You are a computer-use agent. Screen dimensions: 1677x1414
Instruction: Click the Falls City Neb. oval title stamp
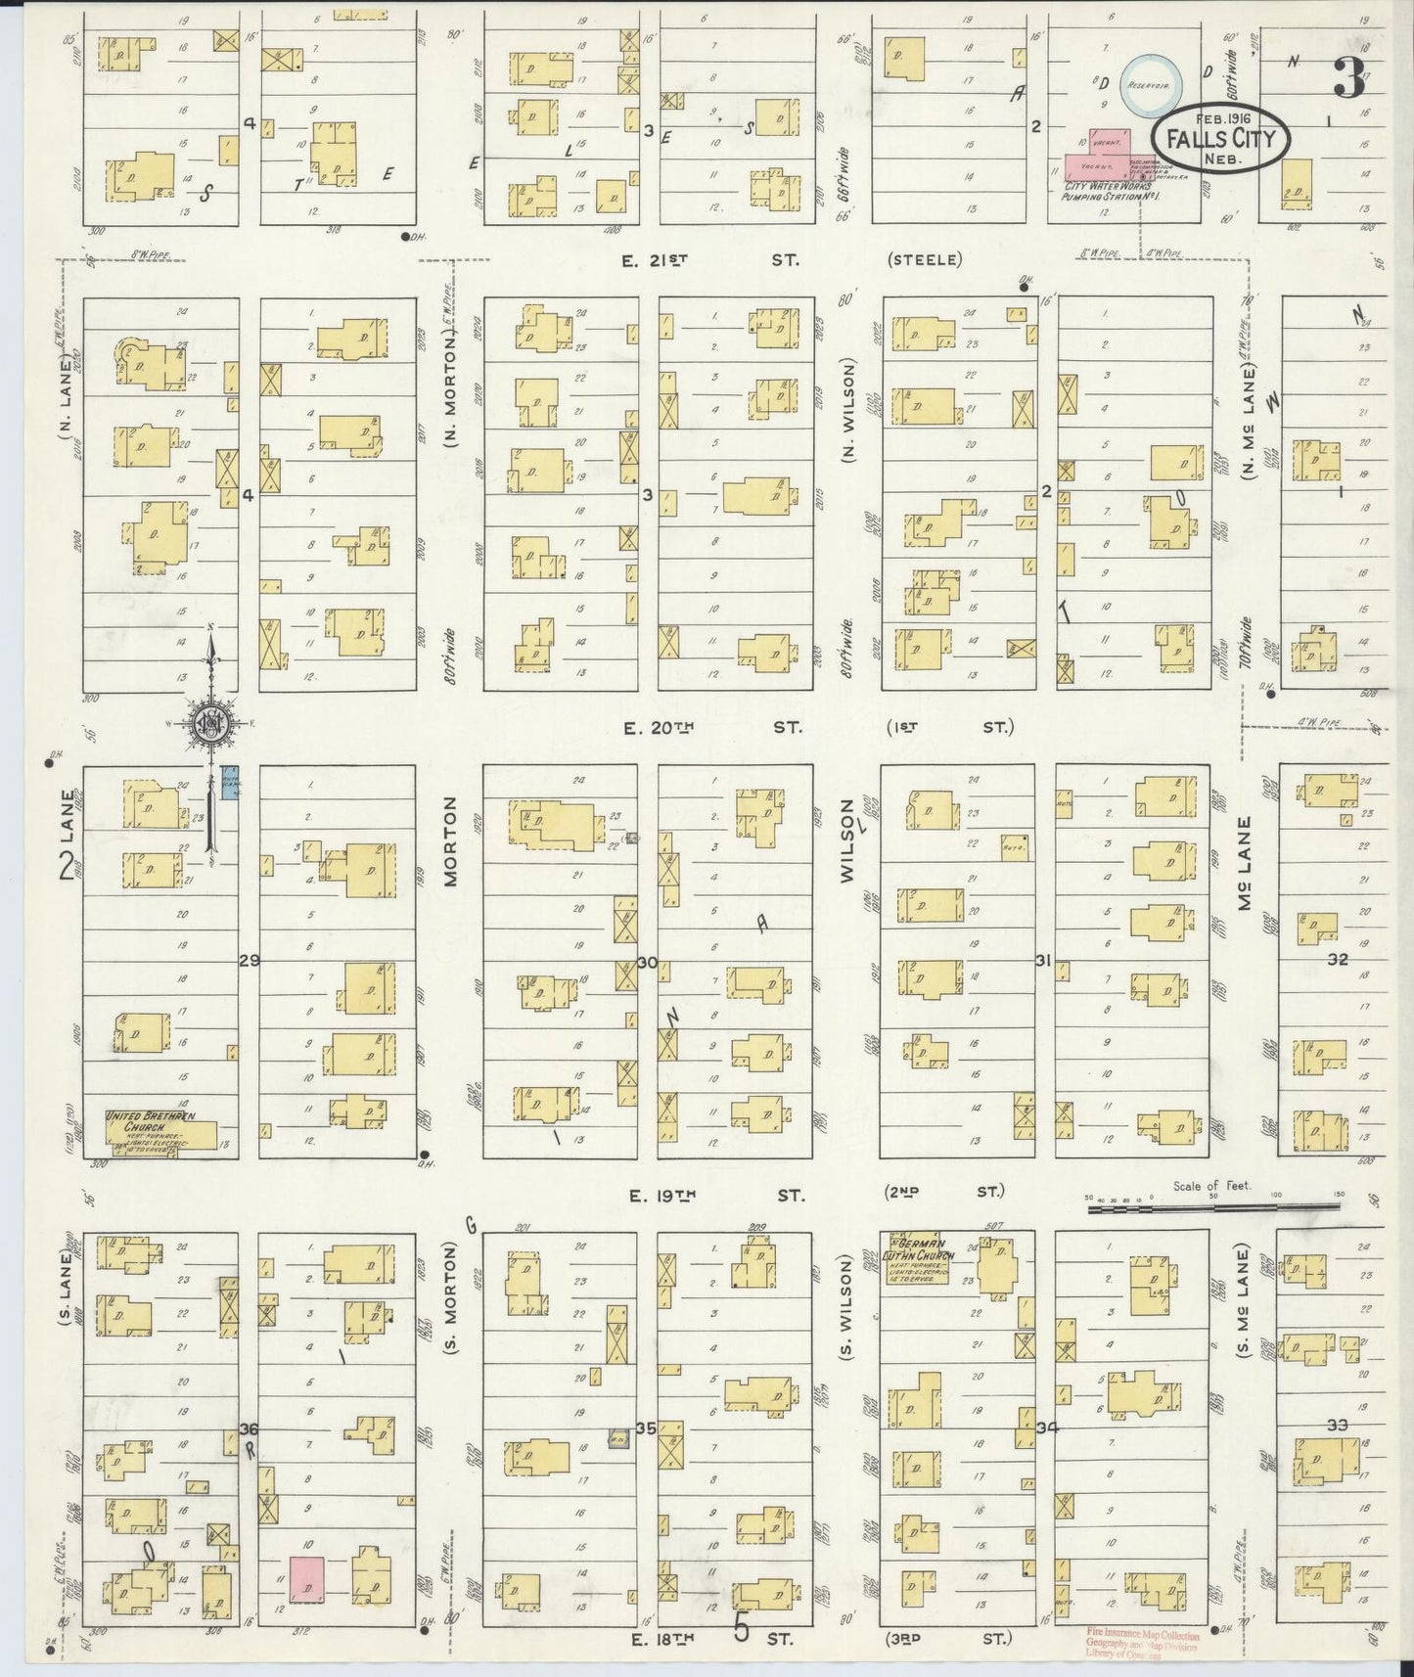click(x=1221, y=138)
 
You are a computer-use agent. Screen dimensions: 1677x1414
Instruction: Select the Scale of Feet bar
click(x=1213, y=1207)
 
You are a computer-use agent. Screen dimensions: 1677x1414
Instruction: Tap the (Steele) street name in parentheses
click(x=926, y=260)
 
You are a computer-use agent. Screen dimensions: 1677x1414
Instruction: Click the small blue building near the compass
click(x=231, y=783)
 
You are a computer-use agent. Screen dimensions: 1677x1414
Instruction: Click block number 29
click(x=250, y=961)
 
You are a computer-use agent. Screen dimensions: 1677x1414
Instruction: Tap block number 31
click(x=1044, y=961)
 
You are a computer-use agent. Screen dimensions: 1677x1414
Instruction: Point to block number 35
click(x=645, y=1428)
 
